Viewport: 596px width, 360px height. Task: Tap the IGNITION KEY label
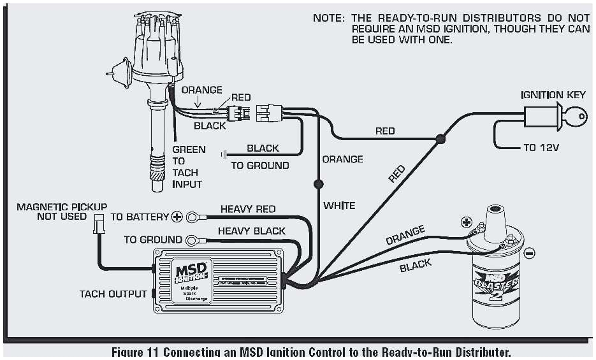tap(553, 95)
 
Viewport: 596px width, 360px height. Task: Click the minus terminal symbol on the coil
tap(528, 254)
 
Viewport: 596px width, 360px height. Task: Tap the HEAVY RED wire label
tap(248, 209)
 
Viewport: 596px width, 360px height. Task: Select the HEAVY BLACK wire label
tap(251, 231)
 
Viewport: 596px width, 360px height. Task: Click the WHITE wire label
tap(339, 205)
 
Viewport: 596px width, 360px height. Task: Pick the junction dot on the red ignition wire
tap(440, 138)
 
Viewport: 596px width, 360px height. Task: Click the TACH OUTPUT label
tap(113, 294)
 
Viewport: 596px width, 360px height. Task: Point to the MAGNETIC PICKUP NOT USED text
tap(61, 212)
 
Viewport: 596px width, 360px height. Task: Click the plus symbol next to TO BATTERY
tap(177, 217)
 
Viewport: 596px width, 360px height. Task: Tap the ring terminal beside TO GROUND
tap(191, 240)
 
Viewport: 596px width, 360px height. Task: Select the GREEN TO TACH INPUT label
tap(189, 167)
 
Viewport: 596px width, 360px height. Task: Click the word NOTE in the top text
tap(329, 18)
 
